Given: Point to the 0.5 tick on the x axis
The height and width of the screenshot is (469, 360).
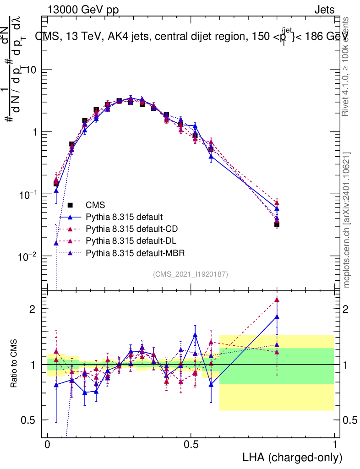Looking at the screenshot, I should (x=191, y=445).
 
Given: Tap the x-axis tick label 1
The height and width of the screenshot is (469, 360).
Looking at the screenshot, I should (x=335, y=445).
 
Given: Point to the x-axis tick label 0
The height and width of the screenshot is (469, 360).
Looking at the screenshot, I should (x=48, y=445).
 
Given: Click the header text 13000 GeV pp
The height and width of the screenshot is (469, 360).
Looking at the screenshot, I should (x=82, y=10).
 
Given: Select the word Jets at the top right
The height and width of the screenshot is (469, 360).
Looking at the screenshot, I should (x=324, y=10).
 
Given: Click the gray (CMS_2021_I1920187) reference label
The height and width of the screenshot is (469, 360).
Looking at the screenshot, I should (x=191, y=274).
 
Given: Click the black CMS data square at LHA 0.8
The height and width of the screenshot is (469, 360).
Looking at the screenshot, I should (x=277, y=224).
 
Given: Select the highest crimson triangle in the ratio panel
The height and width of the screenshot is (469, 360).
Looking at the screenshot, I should (x=277, y=300).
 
